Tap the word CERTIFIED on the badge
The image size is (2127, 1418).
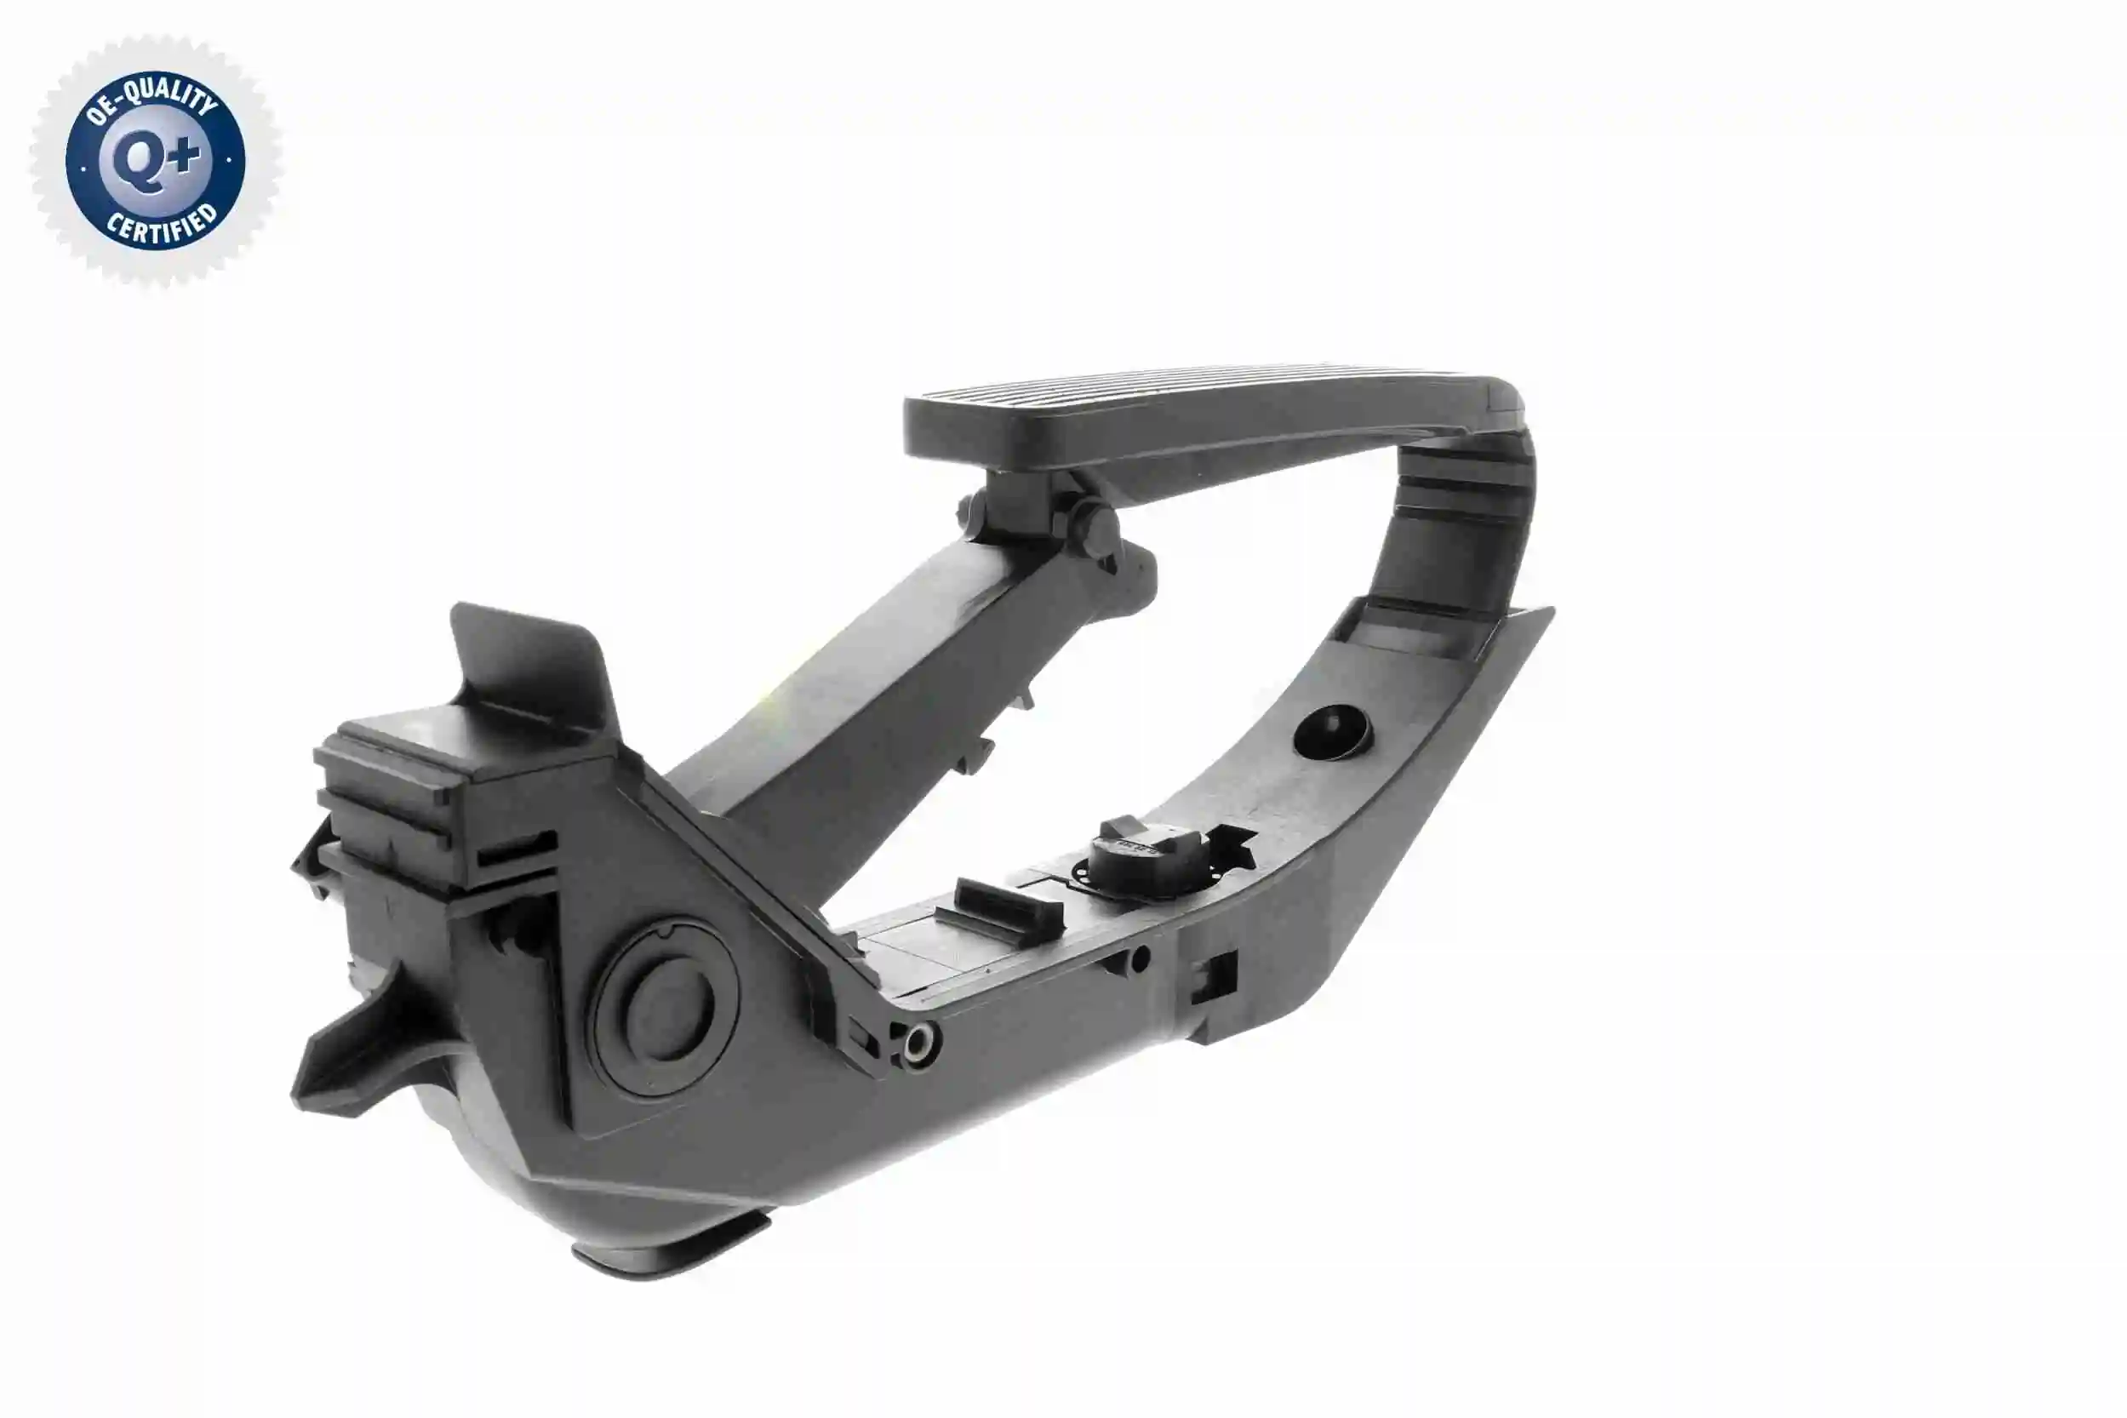pyautogui.click(x=163, y=227)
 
